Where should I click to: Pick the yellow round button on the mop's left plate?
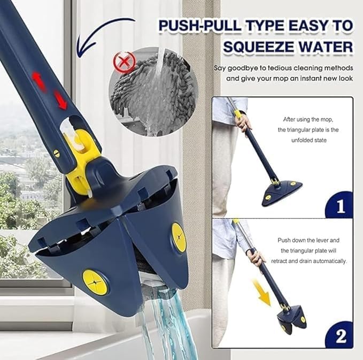coord(95,282)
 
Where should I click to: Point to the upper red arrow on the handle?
coord(38,80)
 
